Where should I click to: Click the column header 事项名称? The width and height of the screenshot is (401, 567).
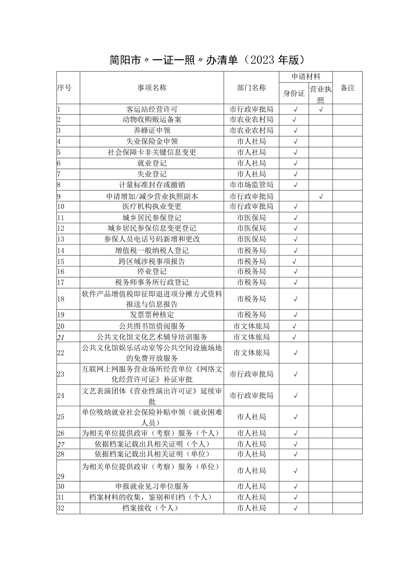point(152,88)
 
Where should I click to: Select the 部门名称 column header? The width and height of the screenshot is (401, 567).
point(251,88)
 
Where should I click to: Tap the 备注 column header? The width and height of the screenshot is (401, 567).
point(347,88)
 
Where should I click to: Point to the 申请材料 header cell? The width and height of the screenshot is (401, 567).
point(306,77)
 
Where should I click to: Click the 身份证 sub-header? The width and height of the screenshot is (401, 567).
point(294,93)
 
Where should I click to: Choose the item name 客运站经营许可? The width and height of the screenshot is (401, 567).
point(152,109)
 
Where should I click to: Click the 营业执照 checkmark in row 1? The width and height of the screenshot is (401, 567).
point(321,109)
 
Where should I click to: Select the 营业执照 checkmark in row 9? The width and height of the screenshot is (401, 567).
point(321,197)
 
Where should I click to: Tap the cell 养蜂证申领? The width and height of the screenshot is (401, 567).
point(152,130)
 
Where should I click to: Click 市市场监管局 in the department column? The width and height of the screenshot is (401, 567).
point(251,185)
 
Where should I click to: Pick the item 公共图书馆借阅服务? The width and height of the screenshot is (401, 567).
point(152,326)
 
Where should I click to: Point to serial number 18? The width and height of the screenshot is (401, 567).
point(61,299)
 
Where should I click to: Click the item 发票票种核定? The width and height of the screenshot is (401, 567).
point(152,315)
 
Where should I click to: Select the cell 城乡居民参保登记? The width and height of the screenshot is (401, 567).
point(152,217)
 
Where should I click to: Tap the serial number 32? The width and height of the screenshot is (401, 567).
point(61,508)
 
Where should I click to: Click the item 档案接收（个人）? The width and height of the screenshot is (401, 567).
point(152,508)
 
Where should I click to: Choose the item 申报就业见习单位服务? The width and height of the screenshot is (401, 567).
point(152,486)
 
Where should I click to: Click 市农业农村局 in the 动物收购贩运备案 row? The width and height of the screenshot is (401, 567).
point(251,120)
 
